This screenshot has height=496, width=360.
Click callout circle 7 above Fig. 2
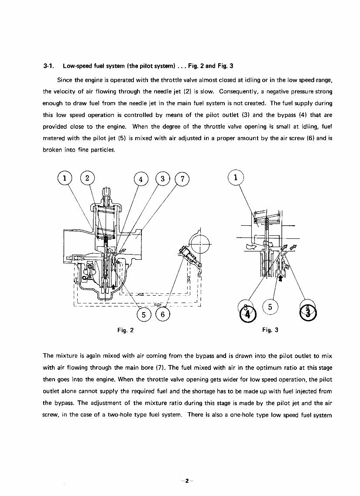point(182,179)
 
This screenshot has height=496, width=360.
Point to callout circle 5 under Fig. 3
point(270,307)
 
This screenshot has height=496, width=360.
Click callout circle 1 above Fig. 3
point(236,178)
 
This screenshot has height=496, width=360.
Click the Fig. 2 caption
point(125,330)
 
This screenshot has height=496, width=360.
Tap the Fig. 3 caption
point(270,330)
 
